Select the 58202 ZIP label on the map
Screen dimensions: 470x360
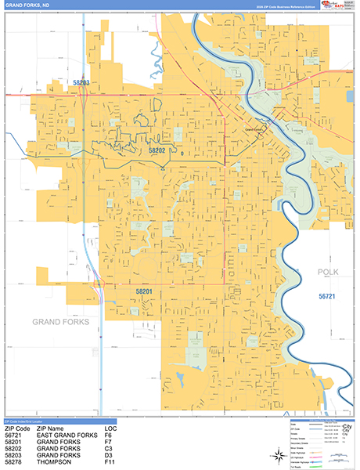[x=157, y=149]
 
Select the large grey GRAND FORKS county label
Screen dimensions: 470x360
[x=60, y=322]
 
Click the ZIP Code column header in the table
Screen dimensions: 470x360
[x=17, y=429]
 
